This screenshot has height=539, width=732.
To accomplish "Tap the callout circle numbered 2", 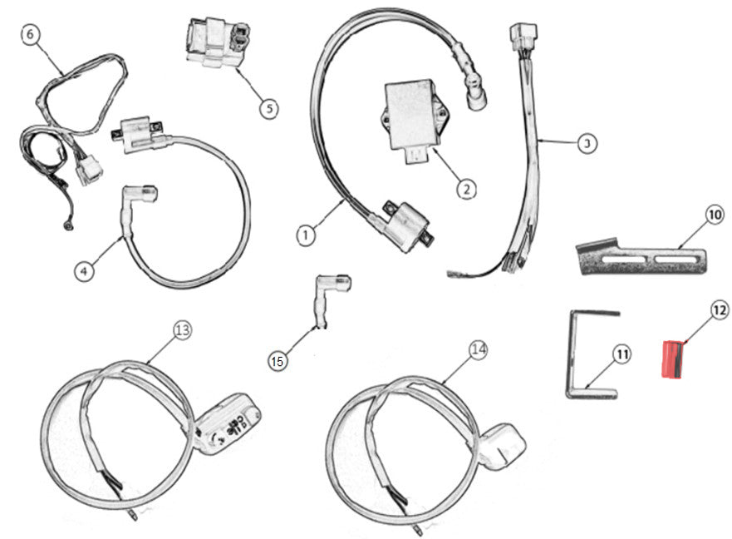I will point(467,188).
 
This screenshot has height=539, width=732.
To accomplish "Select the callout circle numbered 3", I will point(586,143).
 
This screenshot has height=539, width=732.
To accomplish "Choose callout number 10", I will point(715,215).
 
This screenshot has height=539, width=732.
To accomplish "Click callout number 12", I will point(719,310).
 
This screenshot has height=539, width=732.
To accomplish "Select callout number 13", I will point(182,330).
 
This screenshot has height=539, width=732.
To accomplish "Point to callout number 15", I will point(278,360).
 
